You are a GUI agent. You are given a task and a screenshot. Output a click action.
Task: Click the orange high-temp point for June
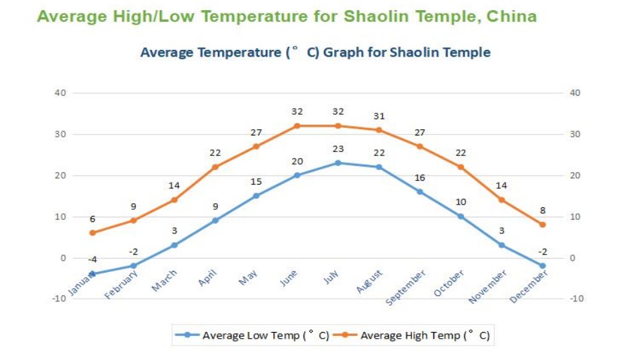[x=297, y=125]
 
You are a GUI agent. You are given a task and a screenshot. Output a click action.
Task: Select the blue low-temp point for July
[x=338, y=163]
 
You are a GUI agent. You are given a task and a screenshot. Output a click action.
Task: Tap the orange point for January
[x=93, y=233]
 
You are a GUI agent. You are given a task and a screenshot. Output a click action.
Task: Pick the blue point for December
[x=542, y=265]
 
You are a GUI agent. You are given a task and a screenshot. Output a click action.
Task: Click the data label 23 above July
[x=338, y=149]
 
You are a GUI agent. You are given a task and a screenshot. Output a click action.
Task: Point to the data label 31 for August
[x=379, y=116]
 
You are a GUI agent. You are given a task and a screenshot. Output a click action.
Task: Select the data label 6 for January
[x=93, y=219]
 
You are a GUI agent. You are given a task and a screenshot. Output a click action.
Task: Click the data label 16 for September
[x=419, y=178]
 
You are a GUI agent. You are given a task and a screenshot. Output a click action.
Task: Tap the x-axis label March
[x=165, y=280]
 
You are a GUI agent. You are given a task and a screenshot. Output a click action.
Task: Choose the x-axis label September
[x=406, y=288]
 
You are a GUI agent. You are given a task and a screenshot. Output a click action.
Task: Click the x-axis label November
[x=488, y=287]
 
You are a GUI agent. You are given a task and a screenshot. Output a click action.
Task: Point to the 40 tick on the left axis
[x=61, y=93]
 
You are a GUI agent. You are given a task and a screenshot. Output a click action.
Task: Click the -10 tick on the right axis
[x=577, y=298]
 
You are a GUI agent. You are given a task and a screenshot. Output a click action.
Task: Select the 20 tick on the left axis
[x=61, y=175]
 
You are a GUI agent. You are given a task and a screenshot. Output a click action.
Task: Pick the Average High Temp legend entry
[x=417, y=335]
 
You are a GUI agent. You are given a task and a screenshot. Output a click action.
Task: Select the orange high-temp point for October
[x=461, y=167]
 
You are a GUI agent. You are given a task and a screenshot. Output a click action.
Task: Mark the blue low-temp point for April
[x=215, y=220]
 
